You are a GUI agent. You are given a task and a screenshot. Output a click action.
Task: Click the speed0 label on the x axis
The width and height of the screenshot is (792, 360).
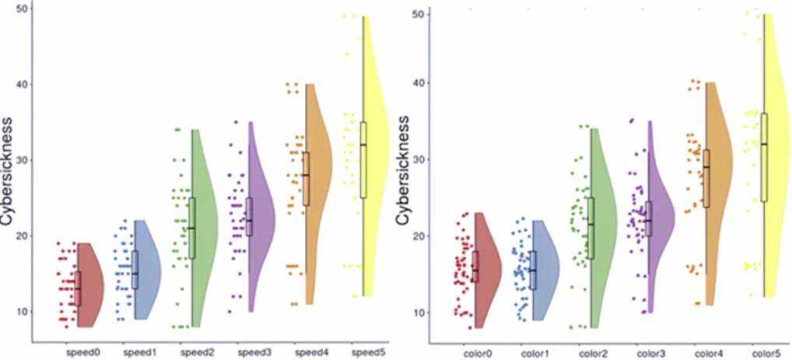[81, 351]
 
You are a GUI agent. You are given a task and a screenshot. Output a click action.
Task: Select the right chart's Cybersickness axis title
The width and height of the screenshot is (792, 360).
[402, 173]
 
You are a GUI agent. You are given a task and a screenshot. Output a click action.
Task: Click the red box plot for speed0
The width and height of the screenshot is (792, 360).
[78, 288]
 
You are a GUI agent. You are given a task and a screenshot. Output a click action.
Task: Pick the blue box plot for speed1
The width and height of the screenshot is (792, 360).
[135, 270]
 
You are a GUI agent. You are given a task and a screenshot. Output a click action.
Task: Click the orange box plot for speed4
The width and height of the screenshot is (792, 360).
[307, 179]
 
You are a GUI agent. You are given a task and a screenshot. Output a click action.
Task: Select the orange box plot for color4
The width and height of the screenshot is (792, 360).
[706, 178]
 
